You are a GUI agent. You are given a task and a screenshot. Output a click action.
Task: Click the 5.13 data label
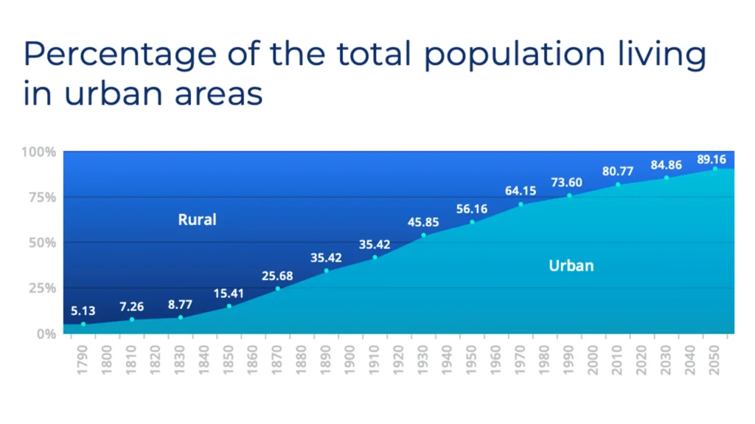[83, 311]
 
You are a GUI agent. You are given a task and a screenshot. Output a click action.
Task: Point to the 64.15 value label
[521, 191]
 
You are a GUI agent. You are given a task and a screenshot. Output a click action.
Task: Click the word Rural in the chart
[197, 219]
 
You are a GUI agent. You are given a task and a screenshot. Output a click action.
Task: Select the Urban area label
[571, 265]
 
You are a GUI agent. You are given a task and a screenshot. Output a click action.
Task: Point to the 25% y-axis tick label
[41, 288]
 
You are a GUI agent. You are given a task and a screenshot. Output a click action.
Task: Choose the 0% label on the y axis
[46, 333]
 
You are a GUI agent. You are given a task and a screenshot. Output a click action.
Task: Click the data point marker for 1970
[521, 204]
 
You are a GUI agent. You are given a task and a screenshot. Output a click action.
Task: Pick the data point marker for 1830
[181, 317]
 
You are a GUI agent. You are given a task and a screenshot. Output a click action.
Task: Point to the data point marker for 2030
[667, 178]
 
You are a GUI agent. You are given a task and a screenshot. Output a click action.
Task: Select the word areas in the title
[220, 94]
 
